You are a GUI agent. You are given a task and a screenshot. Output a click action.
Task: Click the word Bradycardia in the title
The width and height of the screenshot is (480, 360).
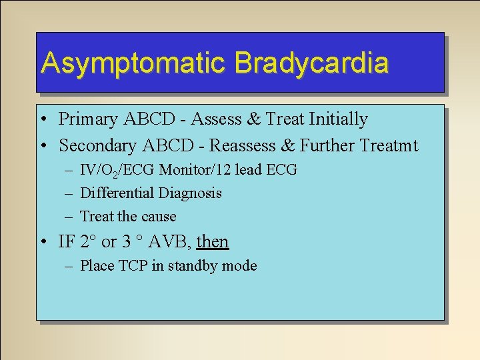(311, 63)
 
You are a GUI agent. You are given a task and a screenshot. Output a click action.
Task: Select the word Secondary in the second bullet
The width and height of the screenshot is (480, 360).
(95, 145)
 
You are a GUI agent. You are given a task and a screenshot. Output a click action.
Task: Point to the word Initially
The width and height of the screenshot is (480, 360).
(337, 119)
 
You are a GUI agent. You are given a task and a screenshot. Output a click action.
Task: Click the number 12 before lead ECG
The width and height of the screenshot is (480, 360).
(221, 170)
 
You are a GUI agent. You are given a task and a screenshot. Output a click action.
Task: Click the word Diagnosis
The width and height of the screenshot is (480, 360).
(189, 193)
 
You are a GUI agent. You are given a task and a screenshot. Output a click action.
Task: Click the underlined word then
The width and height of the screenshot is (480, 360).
(213, 241)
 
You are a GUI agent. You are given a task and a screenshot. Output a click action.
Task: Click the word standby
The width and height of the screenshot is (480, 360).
(193, 266)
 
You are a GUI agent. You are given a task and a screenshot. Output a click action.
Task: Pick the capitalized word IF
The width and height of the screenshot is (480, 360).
(67, 241)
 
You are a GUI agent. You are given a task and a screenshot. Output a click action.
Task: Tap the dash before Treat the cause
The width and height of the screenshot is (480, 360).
(70, 217)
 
